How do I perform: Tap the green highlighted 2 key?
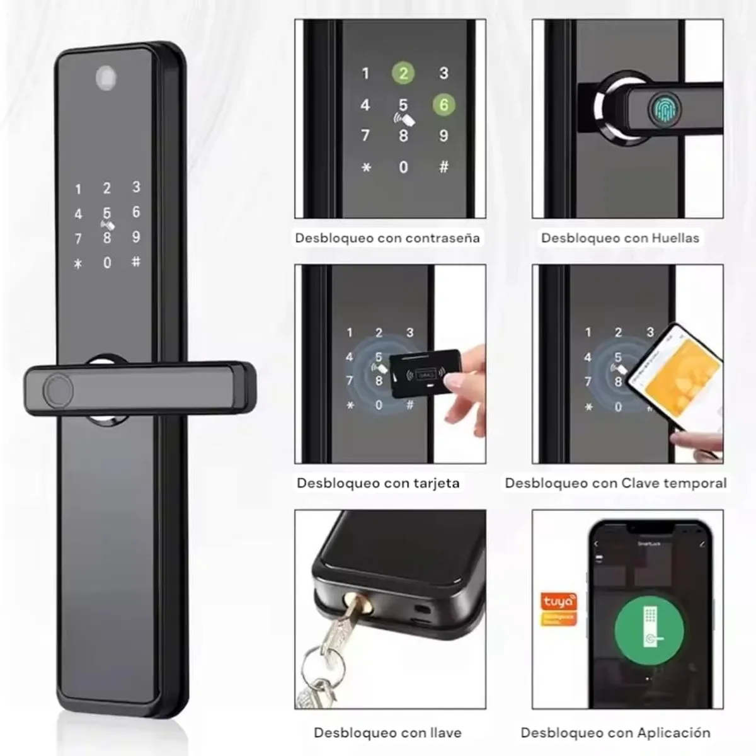(x=403, y=73)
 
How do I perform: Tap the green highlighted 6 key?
(x=444, y=105)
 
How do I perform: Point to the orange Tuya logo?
(x=558, y=608)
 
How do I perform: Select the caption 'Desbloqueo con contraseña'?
(x=387, y=238)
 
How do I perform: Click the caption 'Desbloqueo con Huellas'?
(x=620, y=238)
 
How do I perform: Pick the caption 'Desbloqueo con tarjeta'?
(x=378, y=483)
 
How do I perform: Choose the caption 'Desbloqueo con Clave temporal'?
(x=616, y=483)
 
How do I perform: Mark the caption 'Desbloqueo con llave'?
(x=387, y=733)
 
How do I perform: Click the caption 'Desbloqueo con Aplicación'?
(x=616, y=733)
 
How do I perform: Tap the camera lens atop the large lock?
(x=106, y=77)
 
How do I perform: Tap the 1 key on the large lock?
(x=78, y=189)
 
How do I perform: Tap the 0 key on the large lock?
(x=107, y=263)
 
